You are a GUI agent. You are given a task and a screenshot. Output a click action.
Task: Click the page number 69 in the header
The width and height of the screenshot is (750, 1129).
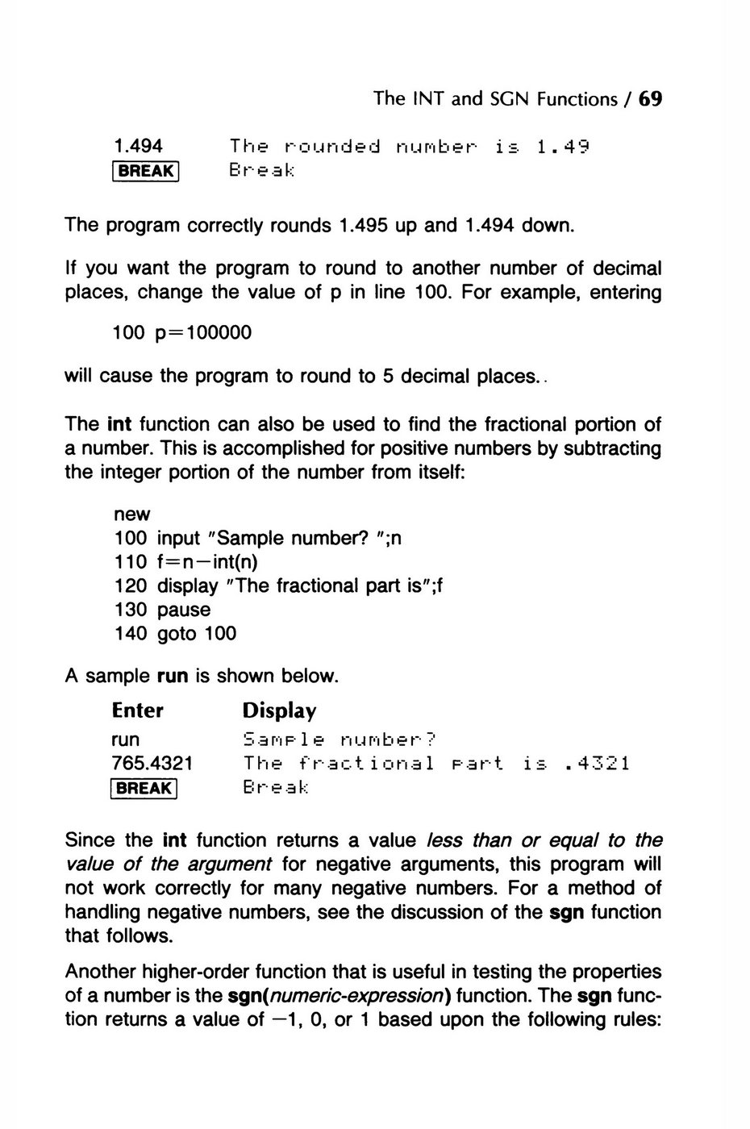650,99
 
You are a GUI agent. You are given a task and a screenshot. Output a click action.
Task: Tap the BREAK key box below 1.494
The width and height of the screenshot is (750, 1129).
145,170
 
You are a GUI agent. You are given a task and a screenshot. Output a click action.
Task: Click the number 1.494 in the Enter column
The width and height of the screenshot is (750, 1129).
137,146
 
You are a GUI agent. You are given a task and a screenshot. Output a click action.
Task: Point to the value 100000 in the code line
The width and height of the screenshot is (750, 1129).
219,332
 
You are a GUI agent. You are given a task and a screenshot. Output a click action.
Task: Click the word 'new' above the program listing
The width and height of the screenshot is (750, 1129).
131,514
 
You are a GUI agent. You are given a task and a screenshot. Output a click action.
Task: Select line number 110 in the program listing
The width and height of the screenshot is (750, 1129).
131,561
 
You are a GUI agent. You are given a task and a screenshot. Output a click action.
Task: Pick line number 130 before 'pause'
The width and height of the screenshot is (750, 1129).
131,610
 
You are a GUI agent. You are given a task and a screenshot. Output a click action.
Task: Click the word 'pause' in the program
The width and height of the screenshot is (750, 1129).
184,610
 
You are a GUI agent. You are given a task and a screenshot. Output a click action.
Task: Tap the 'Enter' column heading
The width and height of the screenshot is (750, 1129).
138,710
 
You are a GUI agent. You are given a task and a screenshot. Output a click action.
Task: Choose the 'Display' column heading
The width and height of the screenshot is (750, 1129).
279,711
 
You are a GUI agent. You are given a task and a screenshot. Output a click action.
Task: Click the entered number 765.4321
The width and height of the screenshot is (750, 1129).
152,763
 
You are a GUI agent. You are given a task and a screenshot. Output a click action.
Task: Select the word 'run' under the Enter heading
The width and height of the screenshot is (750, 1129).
125,739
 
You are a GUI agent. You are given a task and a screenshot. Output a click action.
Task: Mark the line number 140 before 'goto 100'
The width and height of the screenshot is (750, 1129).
131,634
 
